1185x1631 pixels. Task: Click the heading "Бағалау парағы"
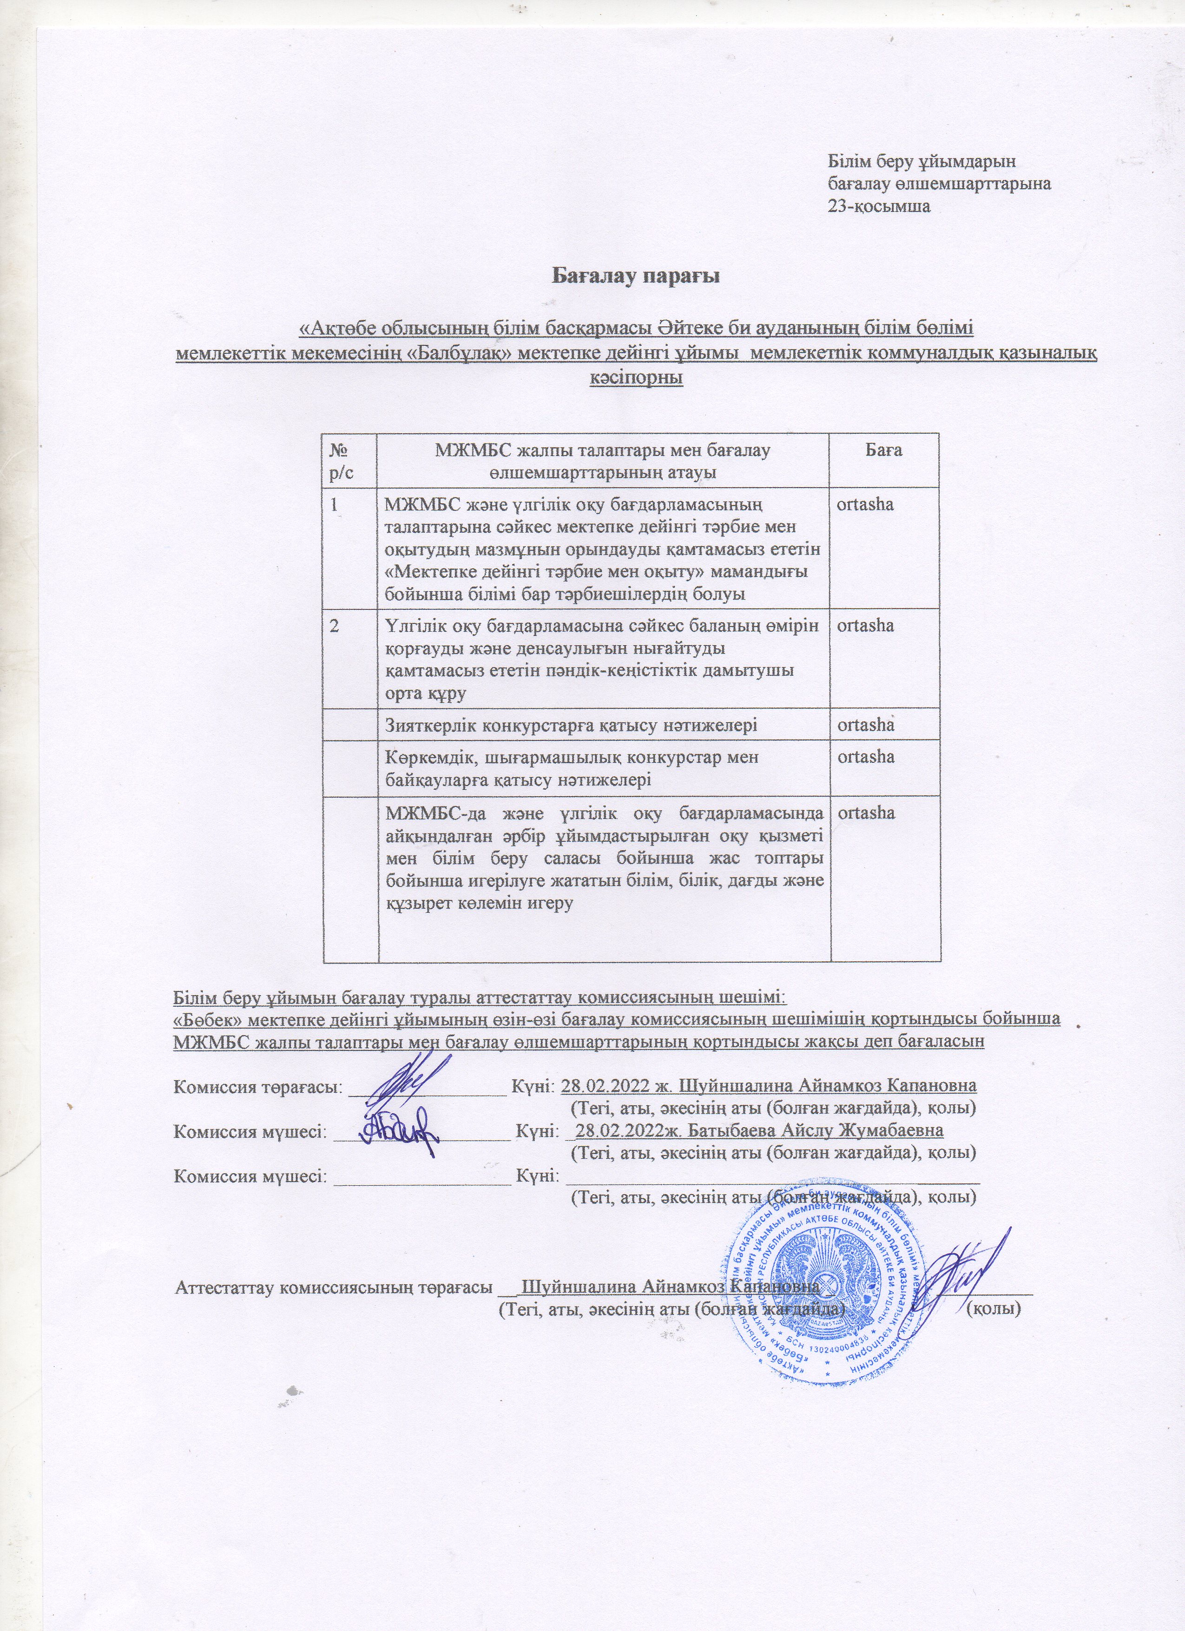pyautogui.click(x=636, y=276)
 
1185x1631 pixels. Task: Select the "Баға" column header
pyautogui.click(x=884, y=451)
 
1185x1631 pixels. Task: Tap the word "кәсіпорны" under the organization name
pyautogui.click(x=636, y=377)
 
